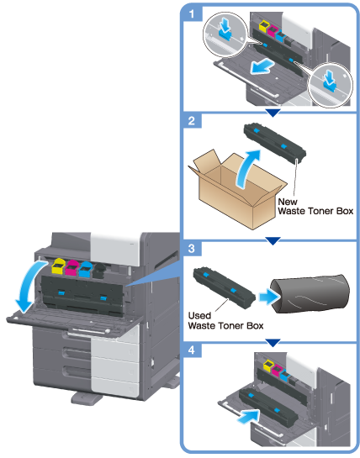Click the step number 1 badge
point(192,14)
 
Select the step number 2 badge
point(192,120)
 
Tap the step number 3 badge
point(192,249)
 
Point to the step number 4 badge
point(192,350)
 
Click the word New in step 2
point(288,202)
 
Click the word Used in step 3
point(199,316)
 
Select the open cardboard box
point(237,189)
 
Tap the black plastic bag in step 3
point(310,294)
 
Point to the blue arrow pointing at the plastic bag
point(269,297)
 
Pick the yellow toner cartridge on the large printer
point(58,266)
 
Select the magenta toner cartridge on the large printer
point(72,268)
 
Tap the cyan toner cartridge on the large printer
point(86,269)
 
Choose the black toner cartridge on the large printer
point(99,271)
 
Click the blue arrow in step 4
point(248,416)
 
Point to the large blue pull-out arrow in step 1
point(262,67)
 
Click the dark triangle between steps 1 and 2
point(273,113)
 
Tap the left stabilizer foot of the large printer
point(85,398)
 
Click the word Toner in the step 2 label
point(320,211)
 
